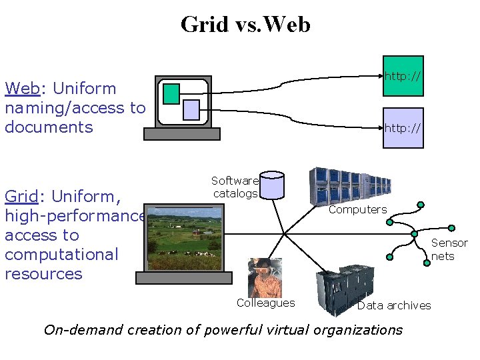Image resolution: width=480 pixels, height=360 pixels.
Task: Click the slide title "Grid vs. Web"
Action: pos(245,25)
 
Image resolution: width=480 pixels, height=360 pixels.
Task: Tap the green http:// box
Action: pos(403,75)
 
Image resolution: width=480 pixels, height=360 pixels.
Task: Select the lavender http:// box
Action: pos(403,127)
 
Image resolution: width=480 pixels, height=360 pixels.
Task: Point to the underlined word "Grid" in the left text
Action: pos(21,196)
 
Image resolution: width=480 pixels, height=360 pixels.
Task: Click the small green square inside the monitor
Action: pos(171,94)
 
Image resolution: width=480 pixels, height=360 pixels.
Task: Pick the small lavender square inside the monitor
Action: pos(191,109)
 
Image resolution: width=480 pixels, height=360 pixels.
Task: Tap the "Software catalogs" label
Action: pos(234,187)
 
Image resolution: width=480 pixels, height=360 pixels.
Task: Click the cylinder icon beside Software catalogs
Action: pos(272,185)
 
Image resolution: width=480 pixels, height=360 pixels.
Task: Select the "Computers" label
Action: pos(357,209)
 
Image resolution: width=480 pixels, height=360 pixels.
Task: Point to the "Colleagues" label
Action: pos(265,303)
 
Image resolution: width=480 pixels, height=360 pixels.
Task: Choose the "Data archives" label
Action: pos(394,305)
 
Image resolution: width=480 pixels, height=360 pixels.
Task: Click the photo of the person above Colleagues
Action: pos(265,277)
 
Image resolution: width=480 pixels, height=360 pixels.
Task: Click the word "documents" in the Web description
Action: pos(49,127)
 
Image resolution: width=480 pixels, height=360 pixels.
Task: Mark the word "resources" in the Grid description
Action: pos(43,274)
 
